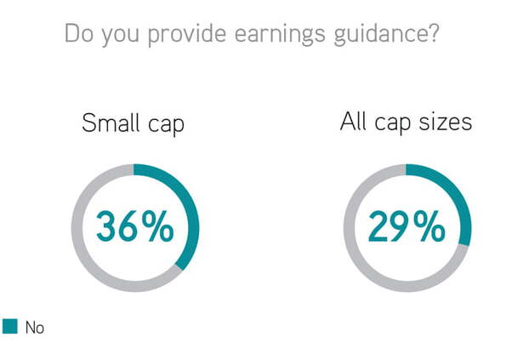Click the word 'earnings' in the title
(280, 35)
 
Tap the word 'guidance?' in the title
(387, 35)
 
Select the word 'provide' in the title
(187, 35)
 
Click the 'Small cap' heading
(133, 124)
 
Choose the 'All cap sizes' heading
(406, 123)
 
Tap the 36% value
(135, 226)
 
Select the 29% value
(407, 226)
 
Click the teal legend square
(10, 326)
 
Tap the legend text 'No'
(35, 328)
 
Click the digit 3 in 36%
(106, 226)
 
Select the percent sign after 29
(429, 226)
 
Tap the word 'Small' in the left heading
(111, 123)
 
